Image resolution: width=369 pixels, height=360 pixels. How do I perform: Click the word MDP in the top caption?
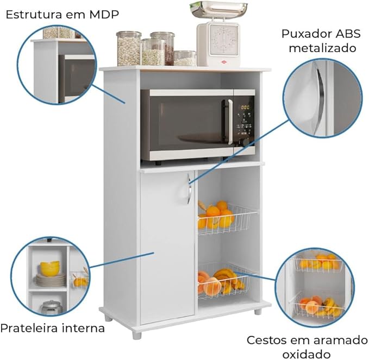tap(104, 15)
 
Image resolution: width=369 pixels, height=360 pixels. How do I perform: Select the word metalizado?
tap(322, 48)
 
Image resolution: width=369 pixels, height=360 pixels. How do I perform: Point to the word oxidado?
tap(307, 354)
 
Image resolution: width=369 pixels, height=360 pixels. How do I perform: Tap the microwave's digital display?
tap(245, 108)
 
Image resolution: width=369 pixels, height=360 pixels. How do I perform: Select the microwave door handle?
tap(230, 122)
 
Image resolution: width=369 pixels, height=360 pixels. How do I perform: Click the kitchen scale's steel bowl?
tap(218, 9)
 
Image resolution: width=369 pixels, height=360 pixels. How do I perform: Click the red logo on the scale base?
tap(223, 62)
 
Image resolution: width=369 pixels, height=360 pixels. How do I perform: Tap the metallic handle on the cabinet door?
tap(189, 189)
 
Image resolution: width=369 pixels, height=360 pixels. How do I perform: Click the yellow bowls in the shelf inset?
tap(49, 268)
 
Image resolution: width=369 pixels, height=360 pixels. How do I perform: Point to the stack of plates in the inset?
tap(51, 280)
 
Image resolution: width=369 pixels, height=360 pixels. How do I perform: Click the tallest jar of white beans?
tap(129, 48)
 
